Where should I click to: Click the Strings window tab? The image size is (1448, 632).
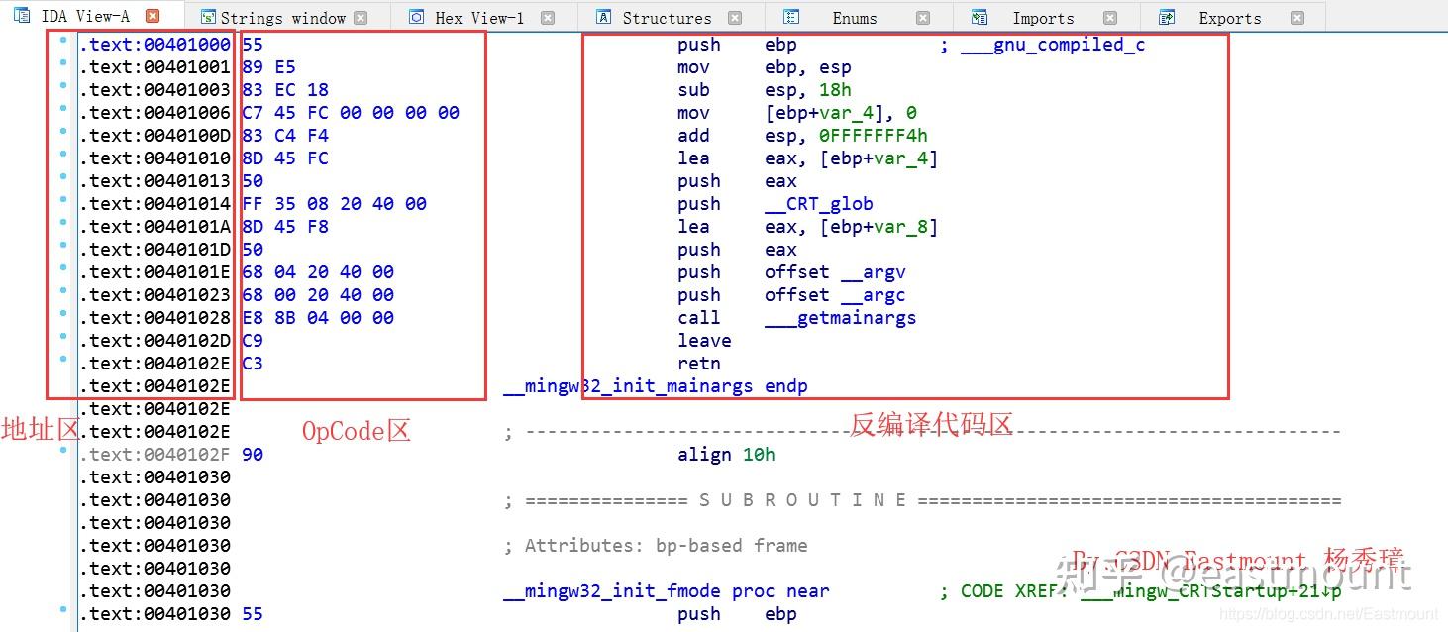coord(282,18)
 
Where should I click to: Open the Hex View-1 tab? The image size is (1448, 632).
coord(480,18)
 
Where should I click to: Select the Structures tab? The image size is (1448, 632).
coord(667,18)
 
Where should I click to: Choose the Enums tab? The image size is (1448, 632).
coord(854,18)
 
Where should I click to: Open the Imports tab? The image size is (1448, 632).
coord(1042,18)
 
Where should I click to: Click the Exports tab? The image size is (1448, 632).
coord(1229,18)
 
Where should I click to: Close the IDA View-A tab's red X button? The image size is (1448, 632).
coord(152,17)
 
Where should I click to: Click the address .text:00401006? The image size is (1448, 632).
coord(155,113)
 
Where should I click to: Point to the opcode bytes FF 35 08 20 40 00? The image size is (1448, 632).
coord(334,204)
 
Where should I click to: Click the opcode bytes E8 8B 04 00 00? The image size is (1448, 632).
coord(317,318)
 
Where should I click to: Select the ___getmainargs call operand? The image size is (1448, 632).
coord(840,318)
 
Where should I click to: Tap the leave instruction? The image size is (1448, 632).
coord(704,341)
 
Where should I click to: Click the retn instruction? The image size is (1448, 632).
coord(699,364)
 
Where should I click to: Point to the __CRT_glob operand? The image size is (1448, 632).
coord(818,204)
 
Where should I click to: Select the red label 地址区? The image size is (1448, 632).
coord(40,429)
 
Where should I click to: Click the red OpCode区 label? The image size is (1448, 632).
coord(356,430)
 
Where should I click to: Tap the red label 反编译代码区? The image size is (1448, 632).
coord(931,425)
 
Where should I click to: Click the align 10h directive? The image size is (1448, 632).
coord(726,455)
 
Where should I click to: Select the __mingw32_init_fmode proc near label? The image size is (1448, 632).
coord(666,591)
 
